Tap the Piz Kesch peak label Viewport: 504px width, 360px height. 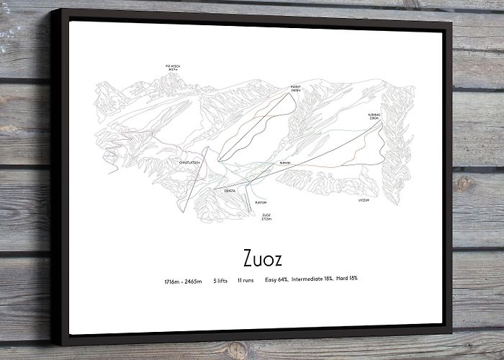(x=173, y=68)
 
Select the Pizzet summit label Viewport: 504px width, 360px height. (x=295, y=87)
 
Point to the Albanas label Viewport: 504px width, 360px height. (x=373, y=115)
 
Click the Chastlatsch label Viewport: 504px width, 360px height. (x=189, y=163)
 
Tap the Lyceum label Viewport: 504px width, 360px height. (x=363, y=199)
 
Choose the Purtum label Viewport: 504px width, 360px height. (x=251, y=202)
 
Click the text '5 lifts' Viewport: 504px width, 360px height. (x=220, y=279)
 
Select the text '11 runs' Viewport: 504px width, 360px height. (x=245, y=279)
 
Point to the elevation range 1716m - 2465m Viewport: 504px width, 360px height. (x=183, y=279)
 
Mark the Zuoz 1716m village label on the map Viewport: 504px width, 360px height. (x=266, y=216)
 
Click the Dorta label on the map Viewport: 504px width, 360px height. (x=230, y=190)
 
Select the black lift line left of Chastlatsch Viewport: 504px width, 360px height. (x=194, y=180)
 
